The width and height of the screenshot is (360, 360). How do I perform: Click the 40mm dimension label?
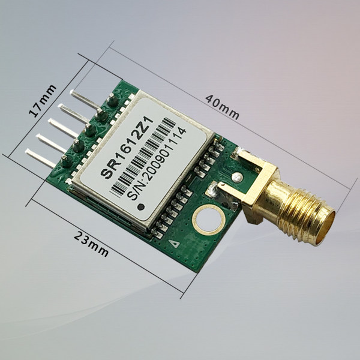pos(222,107)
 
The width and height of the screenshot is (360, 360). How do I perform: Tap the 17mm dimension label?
pos(43,101)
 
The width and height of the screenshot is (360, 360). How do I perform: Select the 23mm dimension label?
pos(91,244)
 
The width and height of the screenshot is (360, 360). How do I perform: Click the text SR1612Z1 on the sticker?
pos(127,147)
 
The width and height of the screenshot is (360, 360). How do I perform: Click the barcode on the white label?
pos(142,157)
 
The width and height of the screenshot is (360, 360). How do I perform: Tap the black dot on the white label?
pos(141,207)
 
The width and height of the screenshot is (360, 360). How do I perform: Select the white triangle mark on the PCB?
pos(175,244)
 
